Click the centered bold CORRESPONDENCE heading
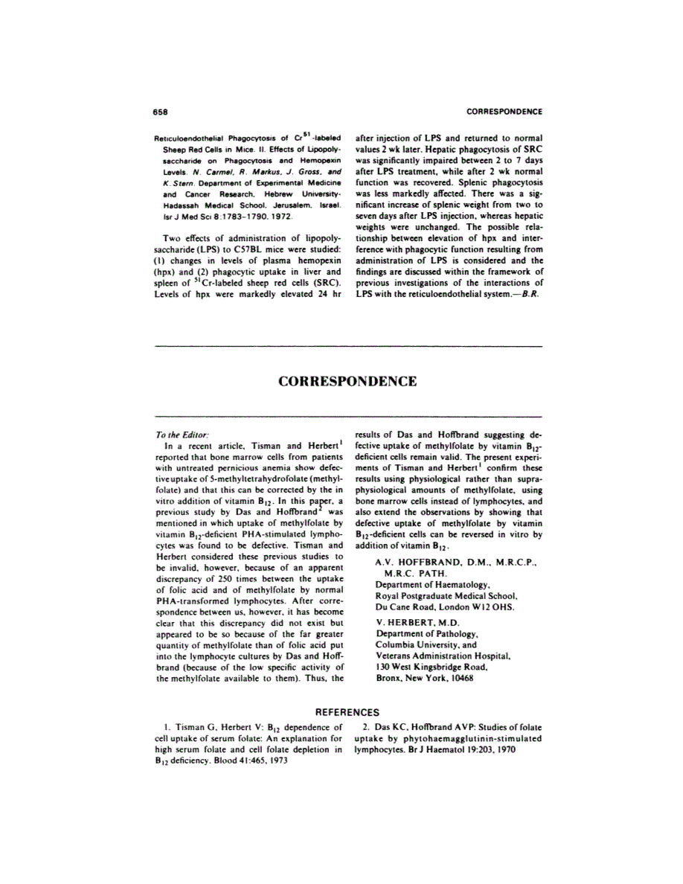347,382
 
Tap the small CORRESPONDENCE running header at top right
504,112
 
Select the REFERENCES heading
347,711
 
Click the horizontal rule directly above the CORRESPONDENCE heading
347,347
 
